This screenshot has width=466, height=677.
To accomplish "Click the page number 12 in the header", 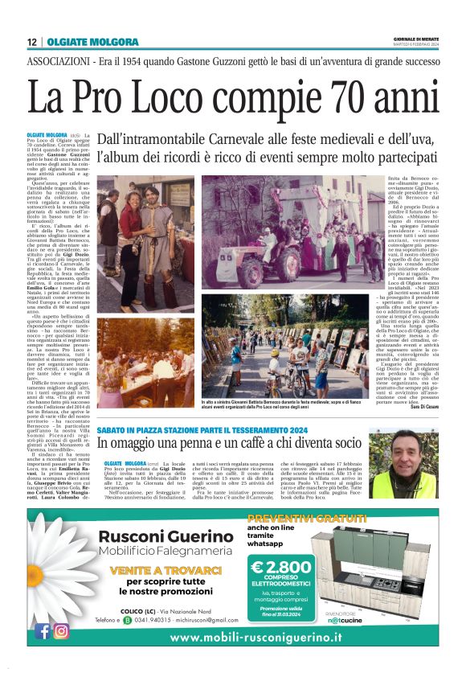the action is tap(31, 43).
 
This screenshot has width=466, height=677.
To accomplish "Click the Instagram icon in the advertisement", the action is tap(61, 631).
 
